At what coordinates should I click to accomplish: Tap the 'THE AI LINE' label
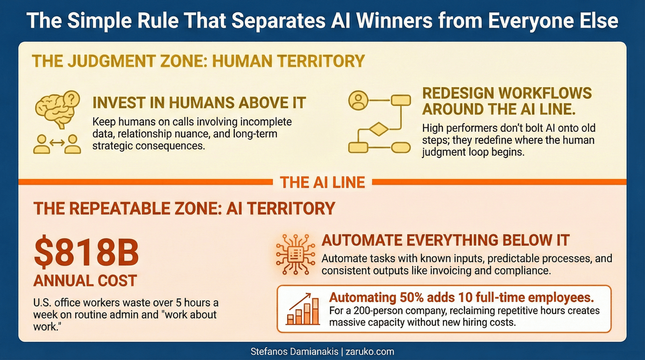[322, 182]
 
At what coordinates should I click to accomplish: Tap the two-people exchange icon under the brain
[56, 143]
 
